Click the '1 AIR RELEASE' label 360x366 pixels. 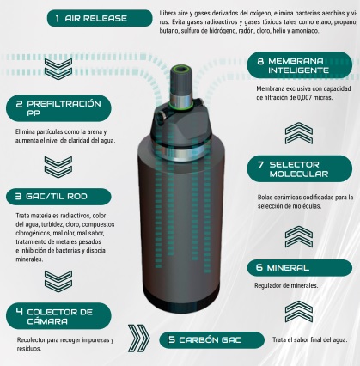(x=100, y=18)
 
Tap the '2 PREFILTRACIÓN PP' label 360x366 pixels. (x=58, y=108)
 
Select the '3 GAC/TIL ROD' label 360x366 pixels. (x=58, y=197)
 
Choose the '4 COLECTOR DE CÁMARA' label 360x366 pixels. (x=58, y=316)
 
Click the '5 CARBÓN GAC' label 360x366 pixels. (x=211, y=340)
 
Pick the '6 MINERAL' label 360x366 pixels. (x=300, y=268)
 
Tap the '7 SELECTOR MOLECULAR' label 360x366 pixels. (x=300, y=169)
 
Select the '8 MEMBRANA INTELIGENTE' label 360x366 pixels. (x=300, y=65)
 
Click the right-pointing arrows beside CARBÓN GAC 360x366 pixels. (x=138, y=339)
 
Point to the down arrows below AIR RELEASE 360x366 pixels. (x=58, y=69)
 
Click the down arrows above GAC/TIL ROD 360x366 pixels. (x=58, y=167)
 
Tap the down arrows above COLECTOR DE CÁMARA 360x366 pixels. (x=58, y=281)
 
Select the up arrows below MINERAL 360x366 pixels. (x=299, y=312)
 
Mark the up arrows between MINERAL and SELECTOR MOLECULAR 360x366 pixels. (x=299, y=237)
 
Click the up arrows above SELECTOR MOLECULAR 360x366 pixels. (x=299, y=133)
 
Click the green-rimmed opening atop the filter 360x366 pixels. (x=181, y=69)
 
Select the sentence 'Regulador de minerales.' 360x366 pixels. (x=286, y=285)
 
